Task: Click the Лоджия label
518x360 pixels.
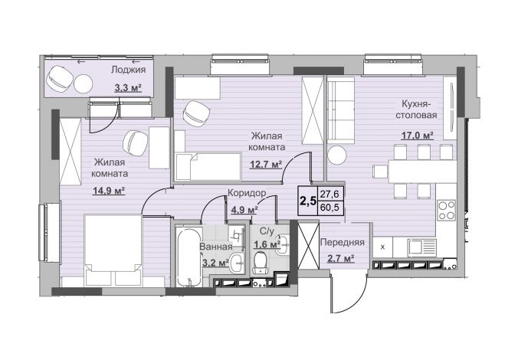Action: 128,70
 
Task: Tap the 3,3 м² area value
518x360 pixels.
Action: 128,88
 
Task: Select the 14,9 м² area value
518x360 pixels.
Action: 109,191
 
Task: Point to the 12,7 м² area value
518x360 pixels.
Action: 266,164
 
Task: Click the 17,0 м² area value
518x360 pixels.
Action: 418,136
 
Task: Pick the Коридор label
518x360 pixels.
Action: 247,193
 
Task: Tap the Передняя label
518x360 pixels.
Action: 343,242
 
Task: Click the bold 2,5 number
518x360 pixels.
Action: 307,201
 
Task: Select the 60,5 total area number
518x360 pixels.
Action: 330,208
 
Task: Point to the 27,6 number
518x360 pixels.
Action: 330,194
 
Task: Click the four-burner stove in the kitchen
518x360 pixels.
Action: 446,211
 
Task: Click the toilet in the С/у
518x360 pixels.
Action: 261,263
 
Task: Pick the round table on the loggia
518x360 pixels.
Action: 83,83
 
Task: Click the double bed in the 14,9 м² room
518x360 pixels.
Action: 113,250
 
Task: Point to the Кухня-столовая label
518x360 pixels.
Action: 417,110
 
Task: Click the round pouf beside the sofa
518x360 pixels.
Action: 337,155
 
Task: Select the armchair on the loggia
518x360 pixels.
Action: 60,79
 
